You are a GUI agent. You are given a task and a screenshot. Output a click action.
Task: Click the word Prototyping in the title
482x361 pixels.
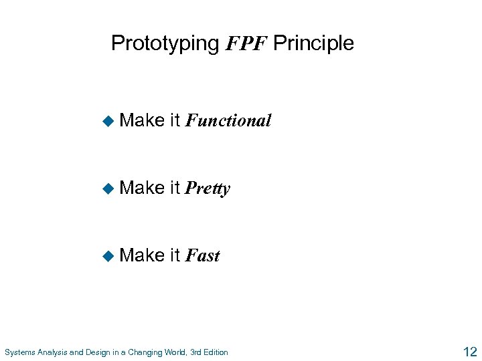tap(165, 44)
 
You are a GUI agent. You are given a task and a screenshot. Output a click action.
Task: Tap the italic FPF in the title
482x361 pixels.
tap(246, 44)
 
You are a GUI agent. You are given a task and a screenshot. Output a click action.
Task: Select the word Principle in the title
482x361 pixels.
tap(313, 43)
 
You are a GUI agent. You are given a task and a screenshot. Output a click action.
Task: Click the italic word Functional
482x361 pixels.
tap(228, 121)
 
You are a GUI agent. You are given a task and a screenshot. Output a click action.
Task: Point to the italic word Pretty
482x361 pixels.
tap(208, 189)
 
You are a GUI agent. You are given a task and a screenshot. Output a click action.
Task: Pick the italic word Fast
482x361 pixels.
tap(202, 255)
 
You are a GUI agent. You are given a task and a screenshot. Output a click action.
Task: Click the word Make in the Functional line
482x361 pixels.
tap(142, 120)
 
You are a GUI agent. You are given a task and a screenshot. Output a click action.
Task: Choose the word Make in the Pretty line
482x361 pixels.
tap(142, 188)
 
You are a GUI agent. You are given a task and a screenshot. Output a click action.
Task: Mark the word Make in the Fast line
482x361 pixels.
tap(142, 255)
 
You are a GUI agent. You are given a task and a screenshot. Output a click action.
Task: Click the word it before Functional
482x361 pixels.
tap(175, 120)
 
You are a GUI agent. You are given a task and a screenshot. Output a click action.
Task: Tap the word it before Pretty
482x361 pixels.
tap(175, 188)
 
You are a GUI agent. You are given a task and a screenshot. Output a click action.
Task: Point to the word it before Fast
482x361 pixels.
tap(175, 255)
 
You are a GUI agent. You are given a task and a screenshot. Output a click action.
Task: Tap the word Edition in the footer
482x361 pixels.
tap(214, 352)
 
